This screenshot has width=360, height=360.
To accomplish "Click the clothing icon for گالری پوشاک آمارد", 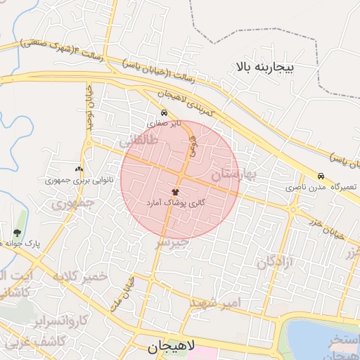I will [175, 191].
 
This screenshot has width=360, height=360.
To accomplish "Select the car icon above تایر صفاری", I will [164, 112].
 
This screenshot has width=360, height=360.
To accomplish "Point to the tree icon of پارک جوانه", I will [17, 232].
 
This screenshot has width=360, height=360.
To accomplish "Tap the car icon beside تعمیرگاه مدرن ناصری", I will [321, 176].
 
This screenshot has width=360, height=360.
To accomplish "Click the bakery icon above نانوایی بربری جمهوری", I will [78, 169].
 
